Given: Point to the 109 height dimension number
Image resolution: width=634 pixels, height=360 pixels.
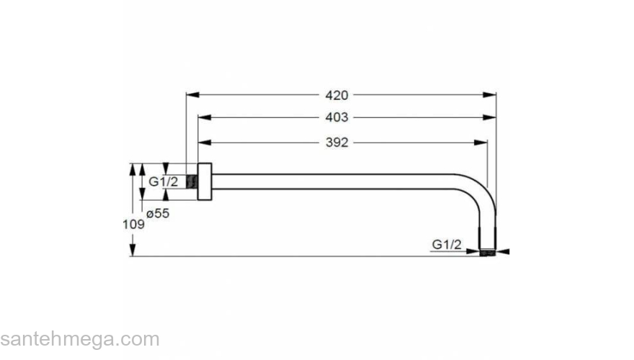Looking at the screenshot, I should [135, 224].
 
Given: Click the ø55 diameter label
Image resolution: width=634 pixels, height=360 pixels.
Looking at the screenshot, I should [158, 213].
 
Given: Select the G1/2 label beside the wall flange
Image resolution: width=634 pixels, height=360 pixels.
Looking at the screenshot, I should [163, 182].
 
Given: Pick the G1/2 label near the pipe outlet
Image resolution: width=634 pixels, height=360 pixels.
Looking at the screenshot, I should [446, 245].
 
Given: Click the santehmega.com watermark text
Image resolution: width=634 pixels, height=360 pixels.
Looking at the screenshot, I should [80, 339].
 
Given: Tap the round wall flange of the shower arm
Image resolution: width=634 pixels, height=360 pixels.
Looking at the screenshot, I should [205, 182].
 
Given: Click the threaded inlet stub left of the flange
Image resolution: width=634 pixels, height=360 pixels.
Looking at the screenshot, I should [192, 182].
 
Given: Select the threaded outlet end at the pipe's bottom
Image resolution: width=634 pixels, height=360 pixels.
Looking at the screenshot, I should [488, 252].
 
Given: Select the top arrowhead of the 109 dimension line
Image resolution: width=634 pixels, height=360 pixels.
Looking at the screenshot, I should [133, 168].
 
